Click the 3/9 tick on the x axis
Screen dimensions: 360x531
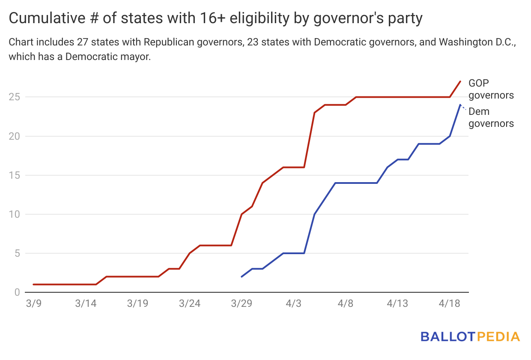tap(33, 303)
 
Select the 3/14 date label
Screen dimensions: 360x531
tap(86, 303)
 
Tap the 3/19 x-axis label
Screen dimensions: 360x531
tap(137, 303)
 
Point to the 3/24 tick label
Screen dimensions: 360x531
tap(190, 303)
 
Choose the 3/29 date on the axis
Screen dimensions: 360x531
tap(242, 303)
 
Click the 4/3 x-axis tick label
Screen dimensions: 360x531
tap(294, 303)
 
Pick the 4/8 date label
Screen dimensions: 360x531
tap(346, 303)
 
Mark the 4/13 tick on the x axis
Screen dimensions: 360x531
tap(397, 303)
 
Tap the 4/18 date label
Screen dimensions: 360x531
tap(450, 303)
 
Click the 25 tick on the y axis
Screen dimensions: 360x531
tap(14, 97)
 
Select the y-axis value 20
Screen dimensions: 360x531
tap(14, 136)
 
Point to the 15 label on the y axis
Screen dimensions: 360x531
tap(14, 175)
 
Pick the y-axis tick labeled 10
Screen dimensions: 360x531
tap(14, 214)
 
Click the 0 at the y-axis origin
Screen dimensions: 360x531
tap(17, 292)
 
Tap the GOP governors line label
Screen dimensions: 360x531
tap(491, 89)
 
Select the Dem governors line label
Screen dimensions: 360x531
tap(491, 117)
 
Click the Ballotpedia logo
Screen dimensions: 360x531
tap(470, 336)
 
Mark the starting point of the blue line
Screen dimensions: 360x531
tap(242, 277)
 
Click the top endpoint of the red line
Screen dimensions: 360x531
tap(460, 81)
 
